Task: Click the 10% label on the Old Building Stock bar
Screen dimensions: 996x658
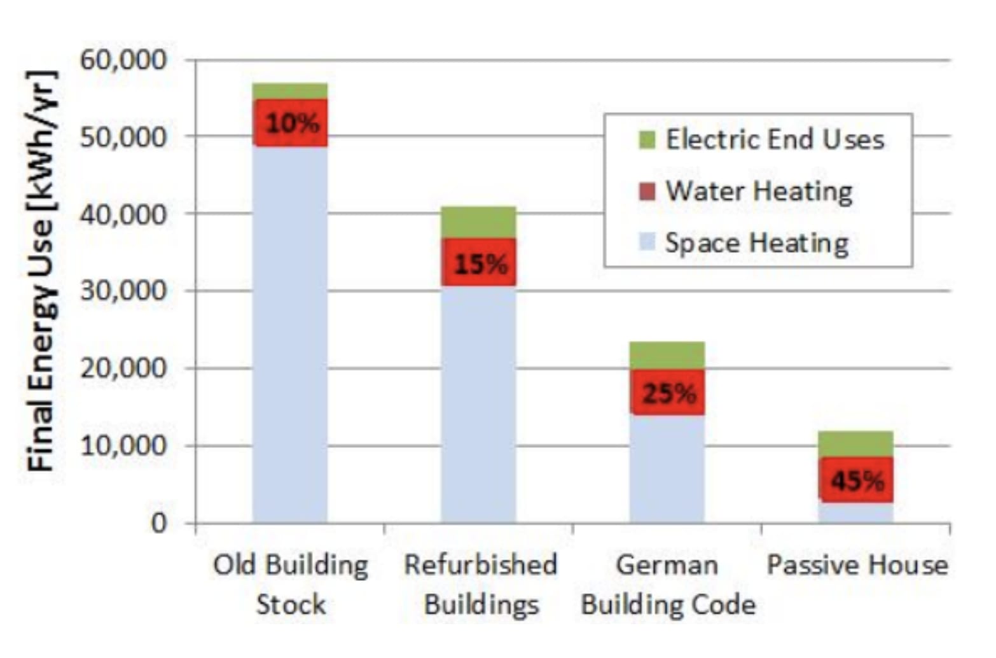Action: (293, 123)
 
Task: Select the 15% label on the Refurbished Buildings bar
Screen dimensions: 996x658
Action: (481, 264)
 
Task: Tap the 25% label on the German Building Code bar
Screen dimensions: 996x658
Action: (669, 394)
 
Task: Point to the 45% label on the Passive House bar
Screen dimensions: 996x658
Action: (858, 481)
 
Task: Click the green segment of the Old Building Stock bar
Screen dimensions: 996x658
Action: (290, 91)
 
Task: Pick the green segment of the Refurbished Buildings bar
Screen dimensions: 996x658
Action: (478, 223)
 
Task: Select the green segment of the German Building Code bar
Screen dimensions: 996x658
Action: (667, 356)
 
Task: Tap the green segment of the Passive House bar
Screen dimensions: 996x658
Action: (855, 444)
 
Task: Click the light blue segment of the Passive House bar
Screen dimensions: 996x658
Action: (855, 512)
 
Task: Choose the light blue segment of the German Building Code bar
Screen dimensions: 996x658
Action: (667, 469)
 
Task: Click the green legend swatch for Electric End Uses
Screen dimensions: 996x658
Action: (647, 140)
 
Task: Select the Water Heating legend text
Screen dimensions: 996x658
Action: (759, 192)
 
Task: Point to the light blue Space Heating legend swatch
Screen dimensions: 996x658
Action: (647, 242)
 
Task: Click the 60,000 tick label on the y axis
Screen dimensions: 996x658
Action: (123, 60)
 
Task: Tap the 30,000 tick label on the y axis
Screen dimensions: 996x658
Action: (123, 291)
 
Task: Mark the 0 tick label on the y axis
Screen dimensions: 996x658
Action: (159, 523)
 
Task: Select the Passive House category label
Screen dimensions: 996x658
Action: (858, 565)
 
